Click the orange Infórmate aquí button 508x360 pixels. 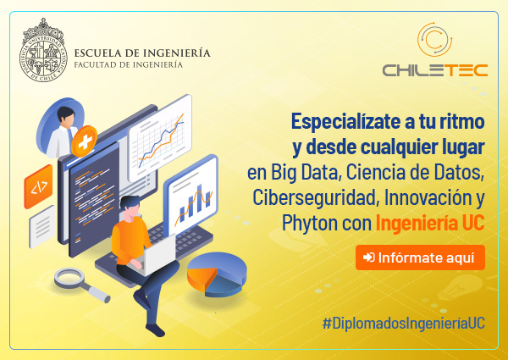tap(420, 258)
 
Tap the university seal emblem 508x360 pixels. tap(43, 51)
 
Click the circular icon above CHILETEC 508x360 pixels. tap(435, 39)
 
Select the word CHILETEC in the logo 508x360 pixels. tap(435, 70)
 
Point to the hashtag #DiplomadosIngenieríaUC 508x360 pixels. tap(403, 324)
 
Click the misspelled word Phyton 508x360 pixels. tap(304, 224)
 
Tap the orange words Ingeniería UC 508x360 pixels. tap(430, 224)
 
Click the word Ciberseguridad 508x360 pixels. tap(315, 197)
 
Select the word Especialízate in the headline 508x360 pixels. tap(345, 121)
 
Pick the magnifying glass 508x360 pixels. tap(81, 285)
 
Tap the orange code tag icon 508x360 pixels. tap(38, 186)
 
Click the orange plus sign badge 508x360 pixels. tap(84, 141)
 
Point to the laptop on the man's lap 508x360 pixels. tap(155, 255)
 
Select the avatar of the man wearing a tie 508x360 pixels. tap(61, 128)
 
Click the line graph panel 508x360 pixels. tap(160, 138)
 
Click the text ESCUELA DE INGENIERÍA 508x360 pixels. tap(142, 53)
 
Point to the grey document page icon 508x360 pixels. tap(42, 226)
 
